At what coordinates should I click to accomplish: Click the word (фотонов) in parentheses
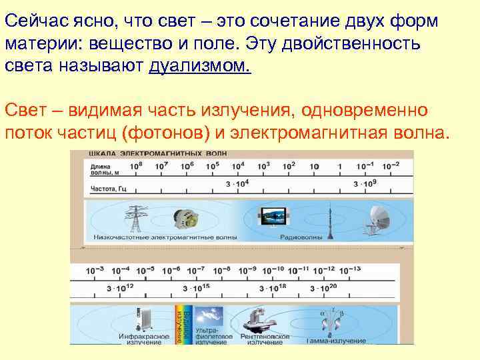click(164, 131)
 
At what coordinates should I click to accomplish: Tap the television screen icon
click(273, 215)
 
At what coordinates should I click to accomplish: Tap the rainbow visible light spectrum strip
click(179, 324)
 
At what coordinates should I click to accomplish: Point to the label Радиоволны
click(299, 237)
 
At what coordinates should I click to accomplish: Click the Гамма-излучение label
click(336, 340)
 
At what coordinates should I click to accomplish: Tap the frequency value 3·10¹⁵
click(197, 288)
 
